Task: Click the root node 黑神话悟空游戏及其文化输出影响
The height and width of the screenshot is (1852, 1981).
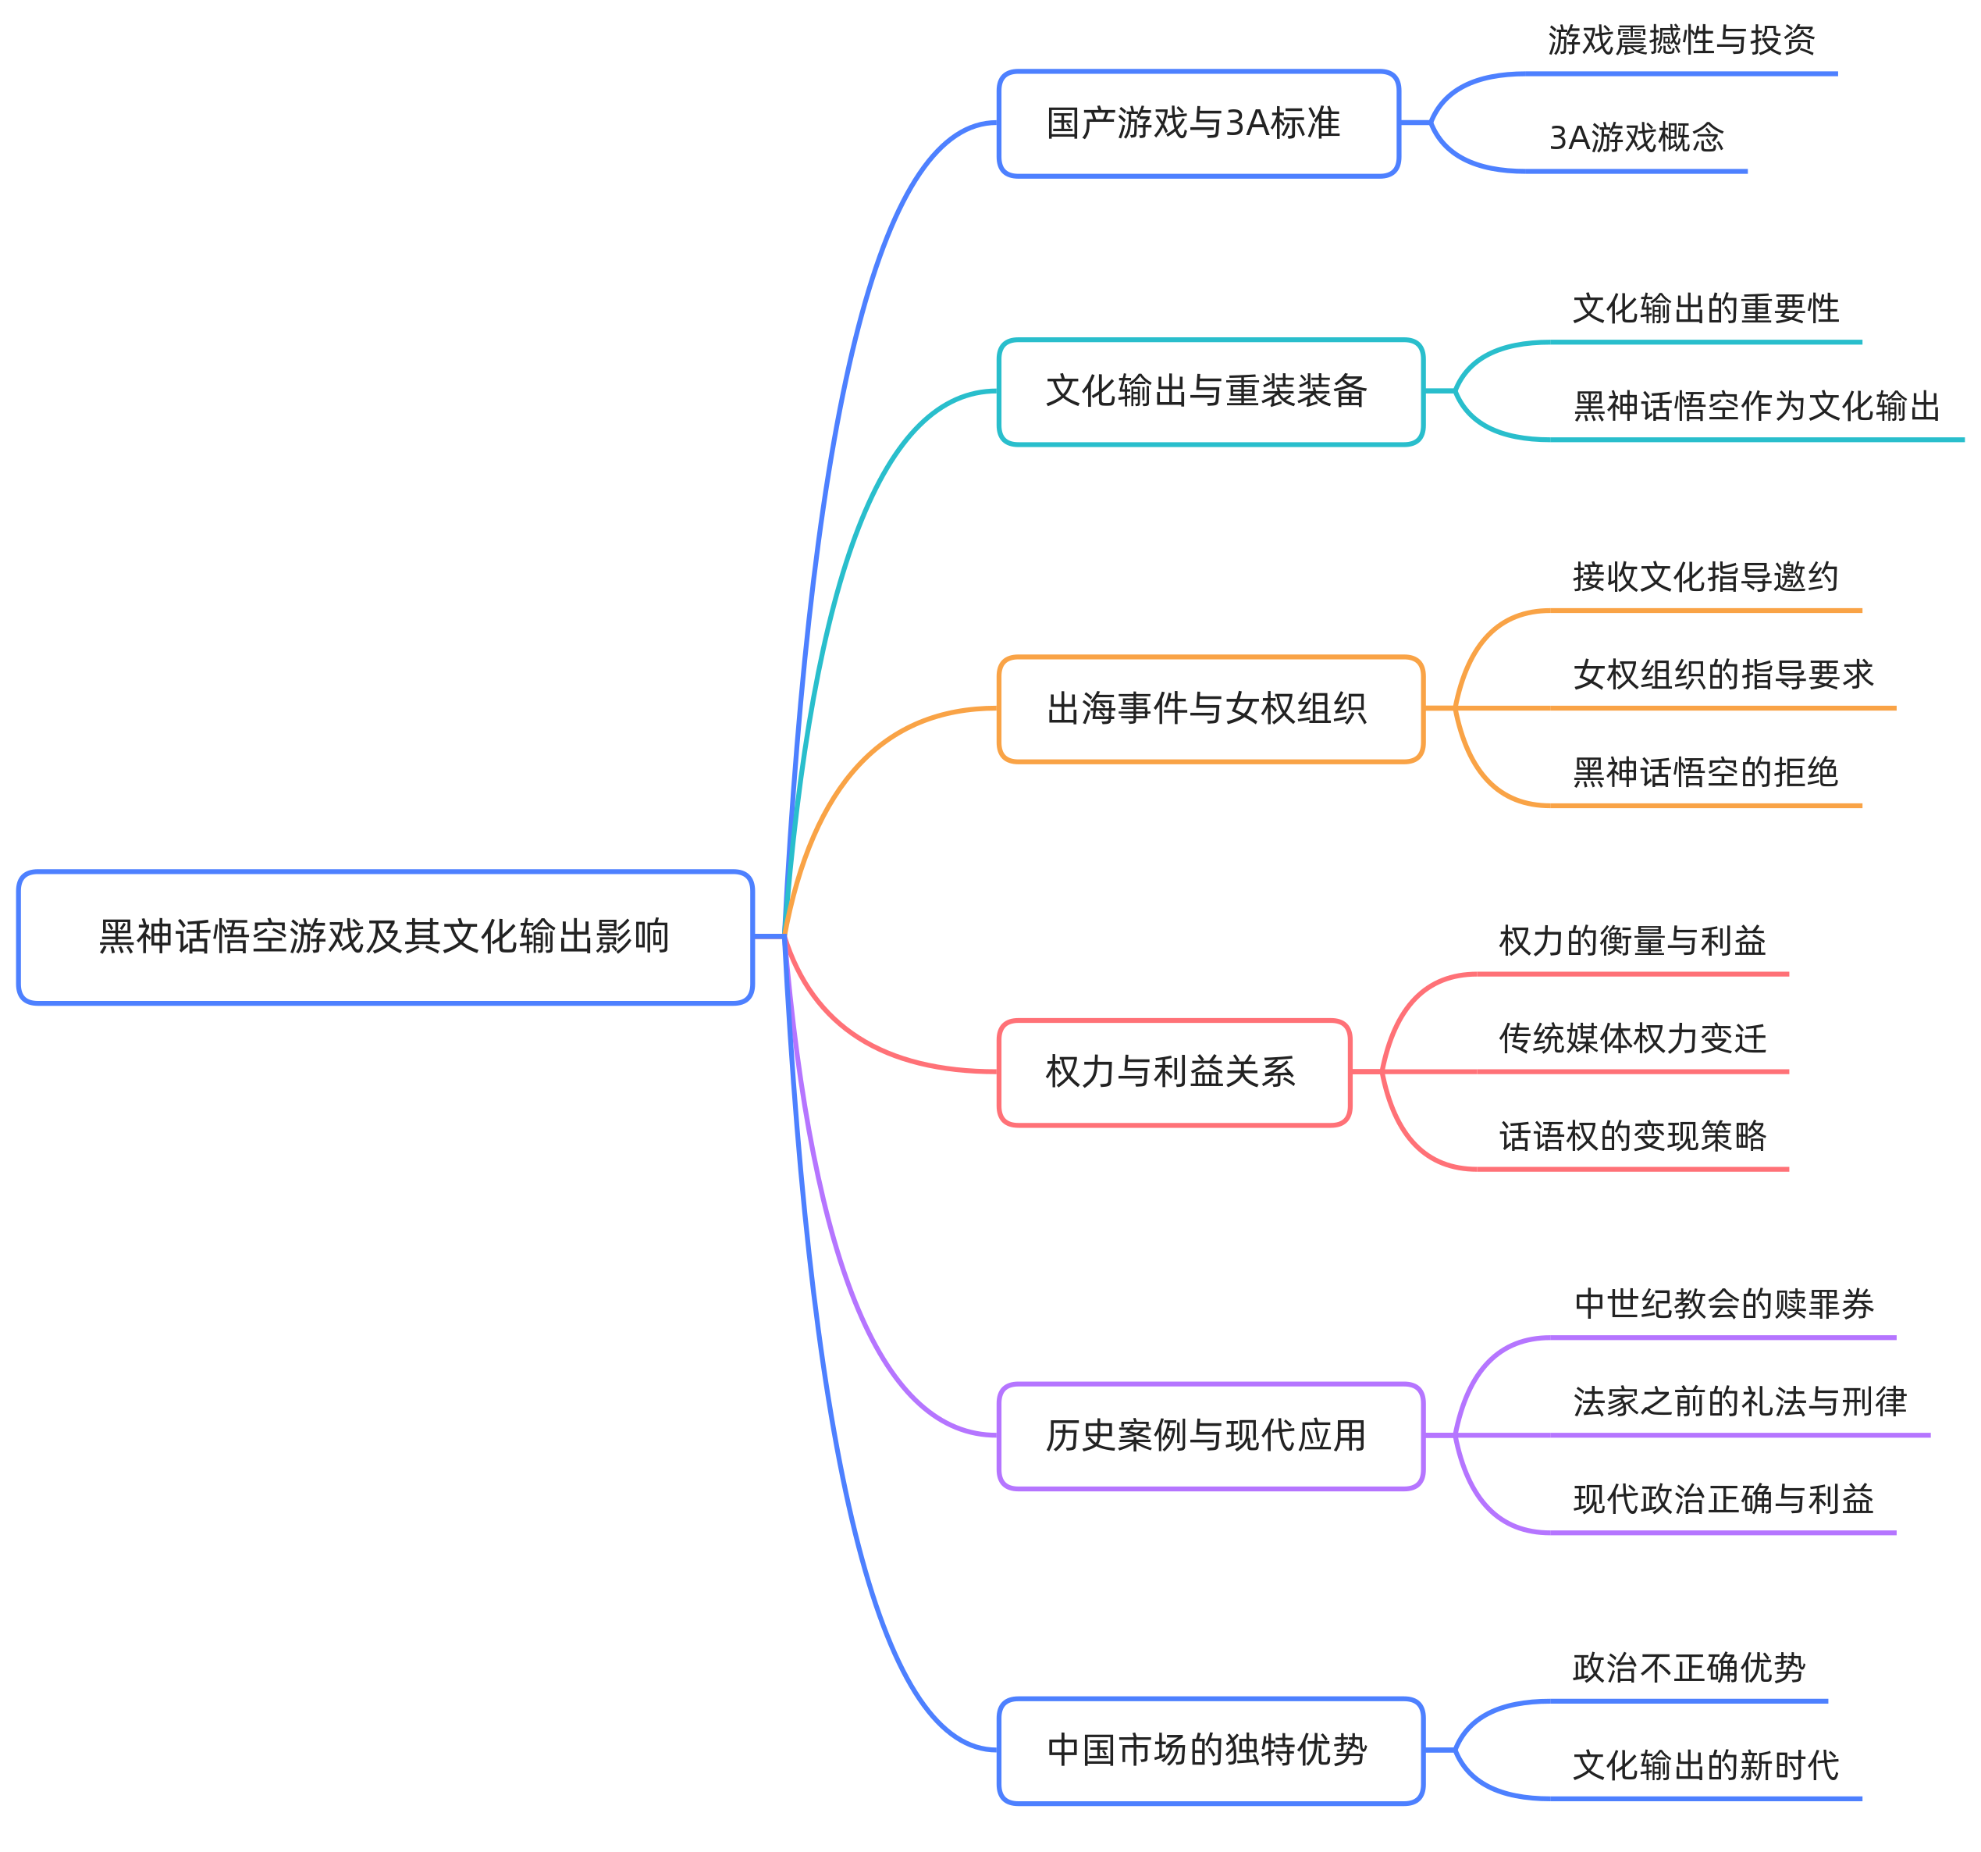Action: tap(385, 937)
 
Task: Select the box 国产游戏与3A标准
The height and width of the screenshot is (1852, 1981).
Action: tap(1198, 123)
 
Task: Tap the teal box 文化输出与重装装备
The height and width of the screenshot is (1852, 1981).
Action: tap(1210, 392)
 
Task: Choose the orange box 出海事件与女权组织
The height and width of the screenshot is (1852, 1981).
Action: tap(1210, 709)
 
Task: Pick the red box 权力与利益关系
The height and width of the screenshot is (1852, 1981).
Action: tap(1174, 1073)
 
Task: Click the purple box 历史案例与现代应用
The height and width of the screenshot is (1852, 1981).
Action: tap(1210, 1437)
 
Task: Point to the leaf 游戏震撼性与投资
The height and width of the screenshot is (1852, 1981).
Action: tap(1681, 41)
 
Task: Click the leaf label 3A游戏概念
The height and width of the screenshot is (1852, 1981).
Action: tap(1636, 137)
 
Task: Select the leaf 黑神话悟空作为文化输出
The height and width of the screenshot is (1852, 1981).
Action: tap(1757, 407)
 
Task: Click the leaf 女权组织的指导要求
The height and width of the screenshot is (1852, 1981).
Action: tap(1723, 675)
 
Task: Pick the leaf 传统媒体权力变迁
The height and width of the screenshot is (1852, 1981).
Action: tap(1632, 1038)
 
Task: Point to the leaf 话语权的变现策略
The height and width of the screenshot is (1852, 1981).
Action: tap(1632, 1136)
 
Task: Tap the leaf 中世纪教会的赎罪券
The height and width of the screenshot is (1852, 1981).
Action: tap(1723, 1304)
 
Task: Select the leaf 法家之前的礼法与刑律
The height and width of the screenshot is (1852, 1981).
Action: tap(1740, 1401)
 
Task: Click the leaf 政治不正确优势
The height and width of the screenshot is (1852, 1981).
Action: tap(1688, 1668)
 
